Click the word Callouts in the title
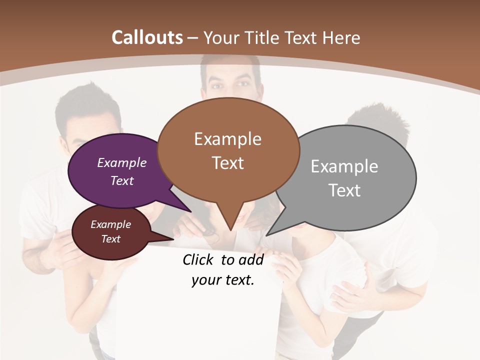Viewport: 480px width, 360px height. coord(147,37)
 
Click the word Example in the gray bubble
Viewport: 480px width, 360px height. coord(344,166)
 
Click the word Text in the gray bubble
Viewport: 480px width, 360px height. coord(344,190)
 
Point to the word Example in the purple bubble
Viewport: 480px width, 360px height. coord(122,162)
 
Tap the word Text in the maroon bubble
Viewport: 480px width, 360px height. coord(110,239)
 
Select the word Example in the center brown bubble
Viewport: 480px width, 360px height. coord(227,139)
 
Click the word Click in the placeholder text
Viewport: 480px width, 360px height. coord(198,259)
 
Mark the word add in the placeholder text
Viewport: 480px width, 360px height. coord(251,259)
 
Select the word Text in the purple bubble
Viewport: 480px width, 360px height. coord(122,180)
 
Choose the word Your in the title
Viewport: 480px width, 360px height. coord(222,37)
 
